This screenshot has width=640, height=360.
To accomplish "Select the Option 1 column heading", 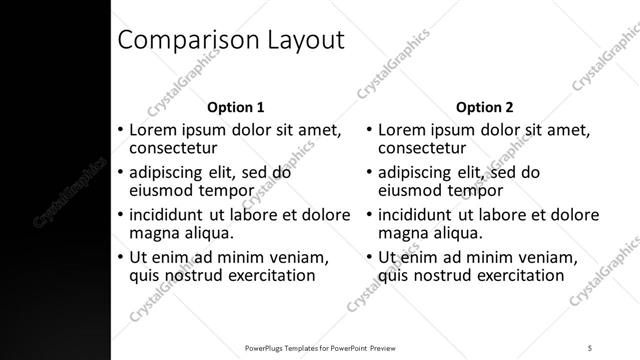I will click(235, 106).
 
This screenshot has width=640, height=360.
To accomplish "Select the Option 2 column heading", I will click(485, 106).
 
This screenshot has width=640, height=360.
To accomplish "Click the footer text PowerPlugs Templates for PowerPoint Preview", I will click(329, 347).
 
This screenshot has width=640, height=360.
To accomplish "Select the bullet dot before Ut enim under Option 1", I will click(122, 257).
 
